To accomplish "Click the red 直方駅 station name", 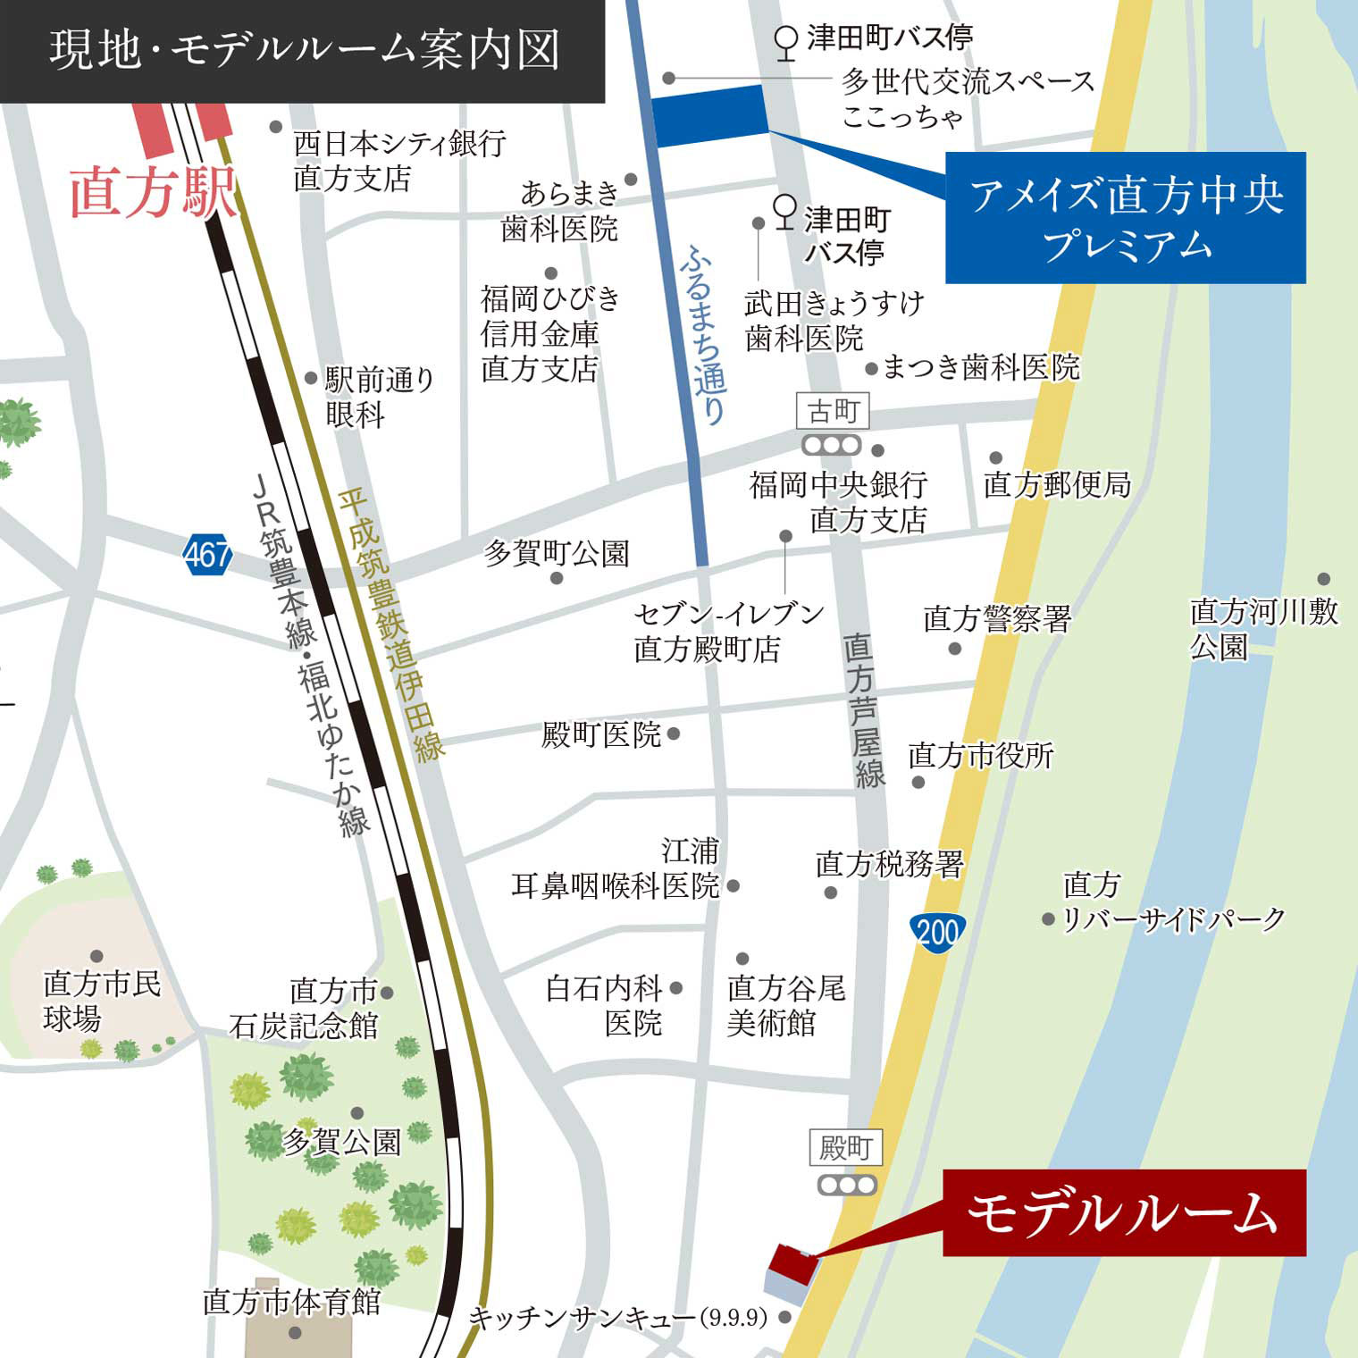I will point(152,192).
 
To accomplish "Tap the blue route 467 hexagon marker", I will point(208,555).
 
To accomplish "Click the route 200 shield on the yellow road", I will point(937,932).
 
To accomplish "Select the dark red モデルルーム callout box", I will point(1124,1213).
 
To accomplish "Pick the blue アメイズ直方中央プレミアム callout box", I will point(1125,218).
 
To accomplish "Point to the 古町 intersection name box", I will point(833,412).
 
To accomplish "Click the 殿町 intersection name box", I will point(845,1147).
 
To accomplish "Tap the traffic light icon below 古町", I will point(832,445).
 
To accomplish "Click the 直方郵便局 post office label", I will point(1057,485).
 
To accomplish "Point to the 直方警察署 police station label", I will point(997,617).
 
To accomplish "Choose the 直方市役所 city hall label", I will point(981,756).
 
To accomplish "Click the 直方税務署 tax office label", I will point(890,864).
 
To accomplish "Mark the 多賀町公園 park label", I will point(557,554).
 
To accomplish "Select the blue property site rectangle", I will point(710,116).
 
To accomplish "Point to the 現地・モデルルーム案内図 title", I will point(304,50).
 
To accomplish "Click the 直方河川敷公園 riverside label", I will point(1263,628).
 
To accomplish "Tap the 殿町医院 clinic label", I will point(601,735).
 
